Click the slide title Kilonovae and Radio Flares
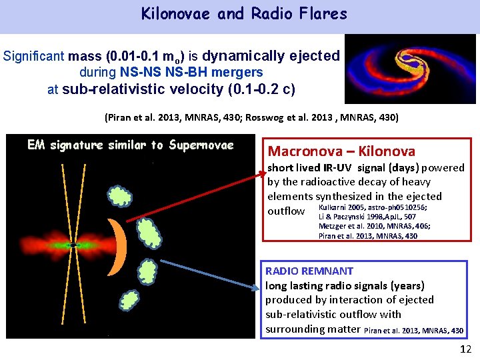(x=244, y=14)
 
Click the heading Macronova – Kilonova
(x=341, y=151)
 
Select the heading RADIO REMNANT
(x=309, y=271)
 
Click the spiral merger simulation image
(x=410, y=69)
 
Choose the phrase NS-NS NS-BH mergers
(x=192, y=72)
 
